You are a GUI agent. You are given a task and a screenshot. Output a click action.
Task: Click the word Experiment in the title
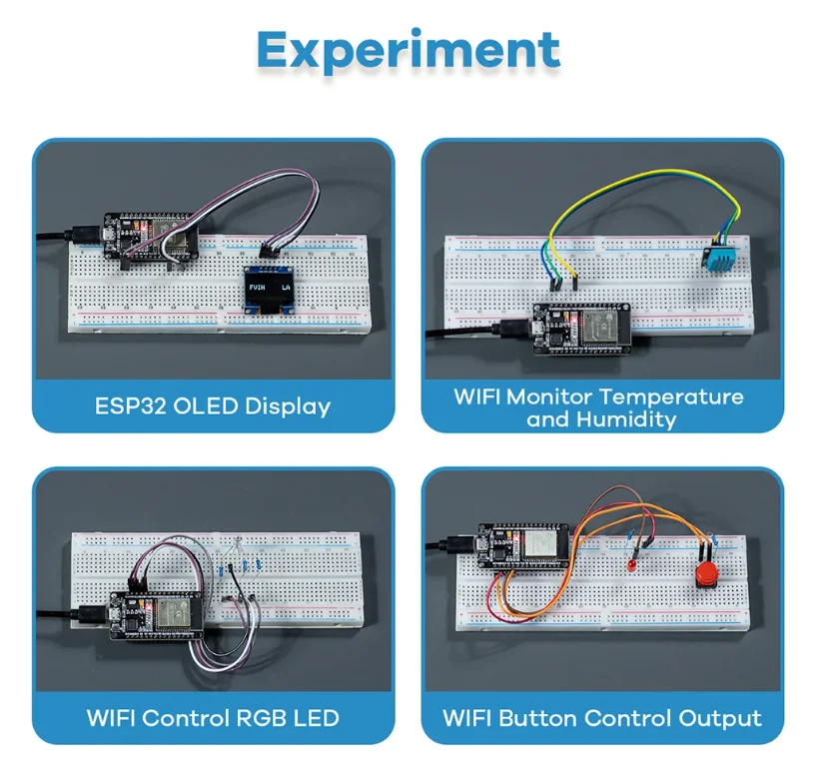pos(408,51)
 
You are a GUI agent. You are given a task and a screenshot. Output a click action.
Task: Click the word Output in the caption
pos(720,717)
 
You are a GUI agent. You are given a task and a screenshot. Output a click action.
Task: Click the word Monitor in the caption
pos(552,396)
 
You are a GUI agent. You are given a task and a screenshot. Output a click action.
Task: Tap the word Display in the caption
pos(283,406)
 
